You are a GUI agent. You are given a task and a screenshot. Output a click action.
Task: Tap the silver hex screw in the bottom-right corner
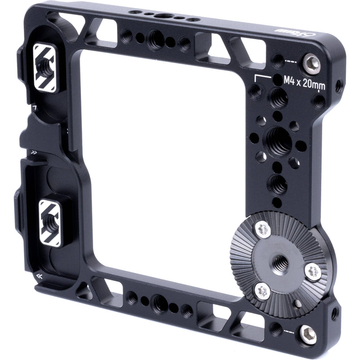coord(308,334)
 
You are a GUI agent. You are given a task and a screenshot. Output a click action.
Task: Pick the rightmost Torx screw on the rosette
coord(313,271)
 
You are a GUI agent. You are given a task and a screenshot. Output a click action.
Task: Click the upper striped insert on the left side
coord(45,67)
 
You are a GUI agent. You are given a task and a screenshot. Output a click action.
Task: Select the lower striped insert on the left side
coord(49,223)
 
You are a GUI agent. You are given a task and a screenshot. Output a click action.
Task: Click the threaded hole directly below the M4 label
coord(278,98)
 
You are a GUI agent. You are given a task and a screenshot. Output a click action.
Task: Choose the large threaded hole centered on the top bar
coord(155,39)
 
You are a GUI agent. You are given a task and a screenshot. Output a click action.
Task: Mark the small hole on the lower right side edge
coord(334,313)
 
